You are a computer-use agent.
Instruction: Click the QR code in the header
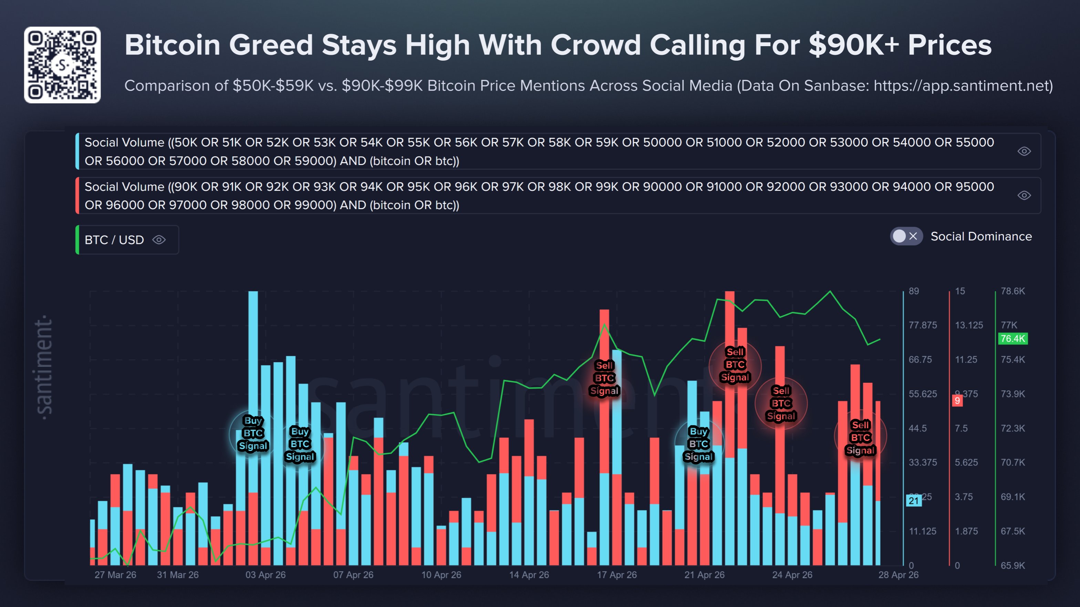(x=62, y=65)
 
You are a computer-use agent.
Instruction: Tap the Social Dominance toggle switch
(x=906, y=237)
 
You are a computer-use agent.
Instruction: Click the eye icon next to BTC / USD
(x=159, y=240)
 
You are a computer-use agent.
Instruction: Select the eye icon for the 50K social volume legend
(x=1024, y=152)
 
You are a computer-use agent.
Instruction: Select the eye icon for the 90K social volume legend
(x=1024, y=195)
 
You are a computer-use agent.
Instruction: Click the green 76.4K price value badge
(x=1013, y=339)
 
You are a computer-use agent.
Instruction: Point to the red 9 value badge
(x=957, y=401)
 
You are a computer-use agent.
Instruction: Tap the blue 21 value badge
(x=914, y=501)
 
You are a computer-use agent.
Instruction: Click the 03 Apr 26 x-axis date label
(x=266, y=575)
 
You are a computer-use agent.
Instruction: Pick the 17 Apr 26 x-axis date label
(x=617, y=575)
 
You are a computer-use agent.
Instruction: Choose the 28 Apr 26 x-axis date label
(x=898, y=575)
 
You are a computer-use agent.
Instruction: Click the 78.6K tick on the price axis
(x=1013, y=291)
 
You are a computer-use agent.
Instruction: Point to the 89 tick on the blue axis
(x=914, y=291)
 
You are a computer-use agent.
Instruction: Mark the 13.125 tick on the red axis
(x=968, y=325)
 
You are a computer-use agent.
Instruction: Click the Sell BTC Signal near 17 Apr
(x=604, y=378)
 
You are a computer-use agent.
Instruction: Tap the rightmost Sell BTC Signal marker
(x=860, y=438)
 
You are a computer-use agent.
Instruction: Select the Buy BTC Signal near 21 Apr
(x=698, y=444)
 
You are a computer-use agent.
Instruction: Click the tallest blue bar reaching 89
(x=253, y=378)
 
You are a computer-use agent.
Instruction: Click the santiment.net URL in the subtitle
(x=963, y=85)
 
